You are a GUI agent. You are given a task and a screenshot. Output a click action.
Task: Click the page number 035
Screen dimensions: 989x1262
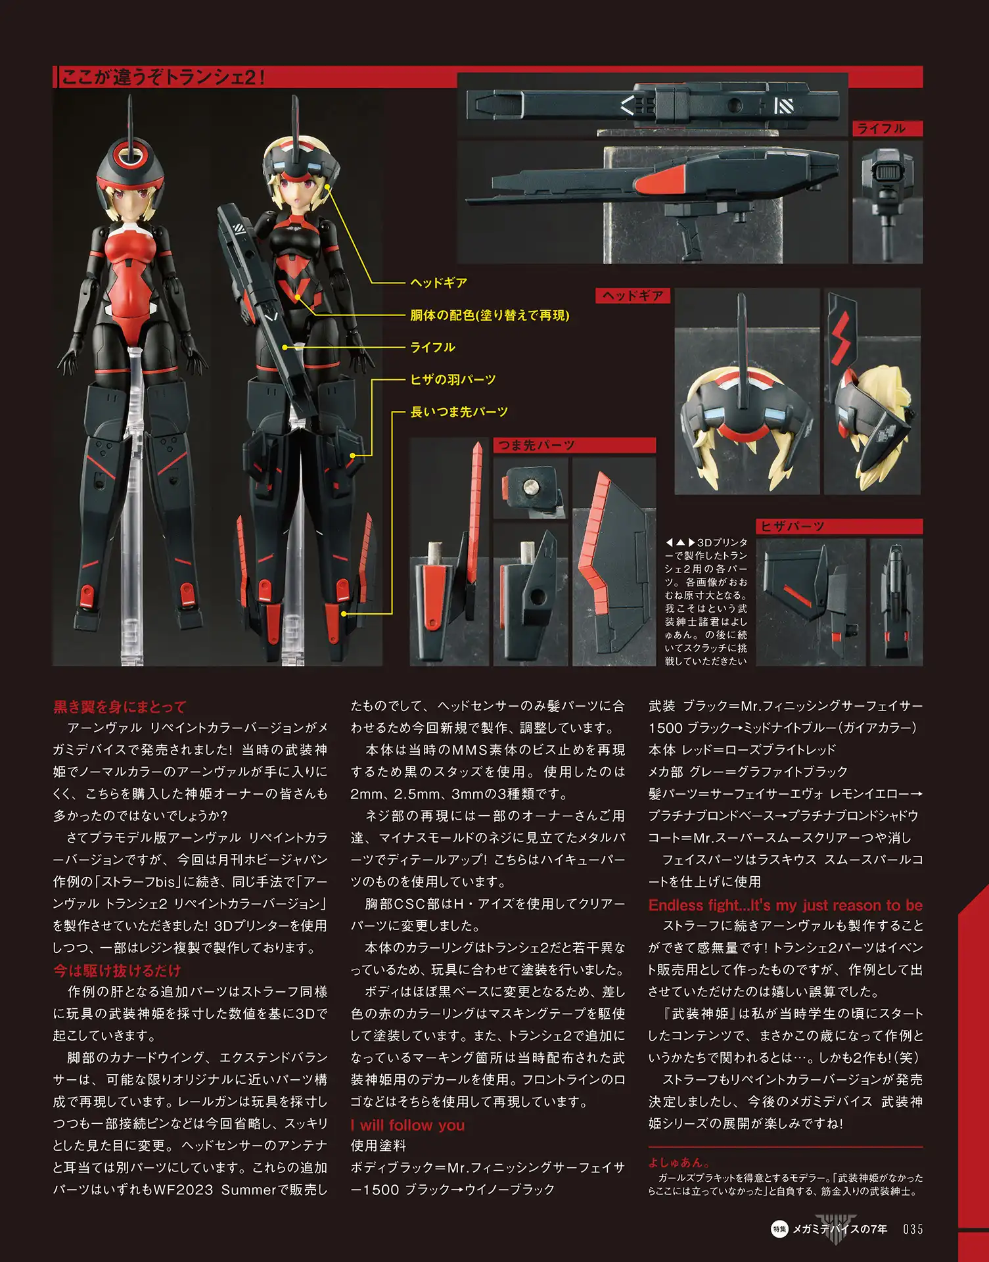point(913,1229)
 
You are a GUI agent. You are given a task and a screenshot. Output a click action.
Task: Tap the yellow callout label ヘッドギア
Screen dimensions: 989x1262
point(438,283)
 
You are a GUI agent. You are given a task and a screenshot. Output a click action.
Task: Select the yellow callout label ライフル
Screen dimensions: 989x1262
point(432,347)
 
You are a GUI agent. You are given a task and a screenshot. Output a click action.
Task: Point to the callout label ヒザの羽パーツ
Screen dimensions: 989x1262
point(453,379)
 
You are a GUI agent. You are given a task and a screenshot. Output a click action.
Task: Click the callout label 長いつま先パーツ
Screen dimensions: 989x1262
point(459,411)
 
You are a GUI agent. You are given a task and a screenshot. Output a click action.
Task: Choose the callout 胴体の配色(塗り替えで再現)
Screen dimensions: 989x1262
point(490,315)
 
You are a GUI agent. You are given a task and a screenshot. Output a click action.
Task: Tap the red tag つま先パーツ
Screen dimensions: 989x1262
point(536,446)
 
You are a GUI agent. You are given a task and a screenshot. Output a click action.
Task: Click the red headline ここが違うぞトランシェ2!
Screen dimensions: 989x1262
point(163,77)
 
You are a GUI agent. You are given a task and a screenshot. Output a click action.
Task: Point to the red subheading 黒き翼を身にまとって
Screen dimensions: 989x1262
point(120,707)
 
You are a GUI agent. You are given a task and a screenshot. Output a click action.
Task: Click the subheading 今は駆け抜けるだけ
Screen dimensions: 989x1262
point(117,971)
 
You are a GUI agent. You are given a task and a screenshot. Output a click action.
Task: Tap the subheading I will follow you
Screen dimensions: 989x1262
point(407,1125)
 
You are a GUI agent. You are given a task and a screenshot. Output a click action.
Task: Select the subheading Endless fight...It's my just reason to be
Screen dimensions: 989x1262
point(785,905)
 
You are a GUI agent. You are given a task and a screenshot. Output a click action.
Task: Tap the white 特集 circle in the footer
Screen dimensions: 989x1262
point(779,1229)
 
